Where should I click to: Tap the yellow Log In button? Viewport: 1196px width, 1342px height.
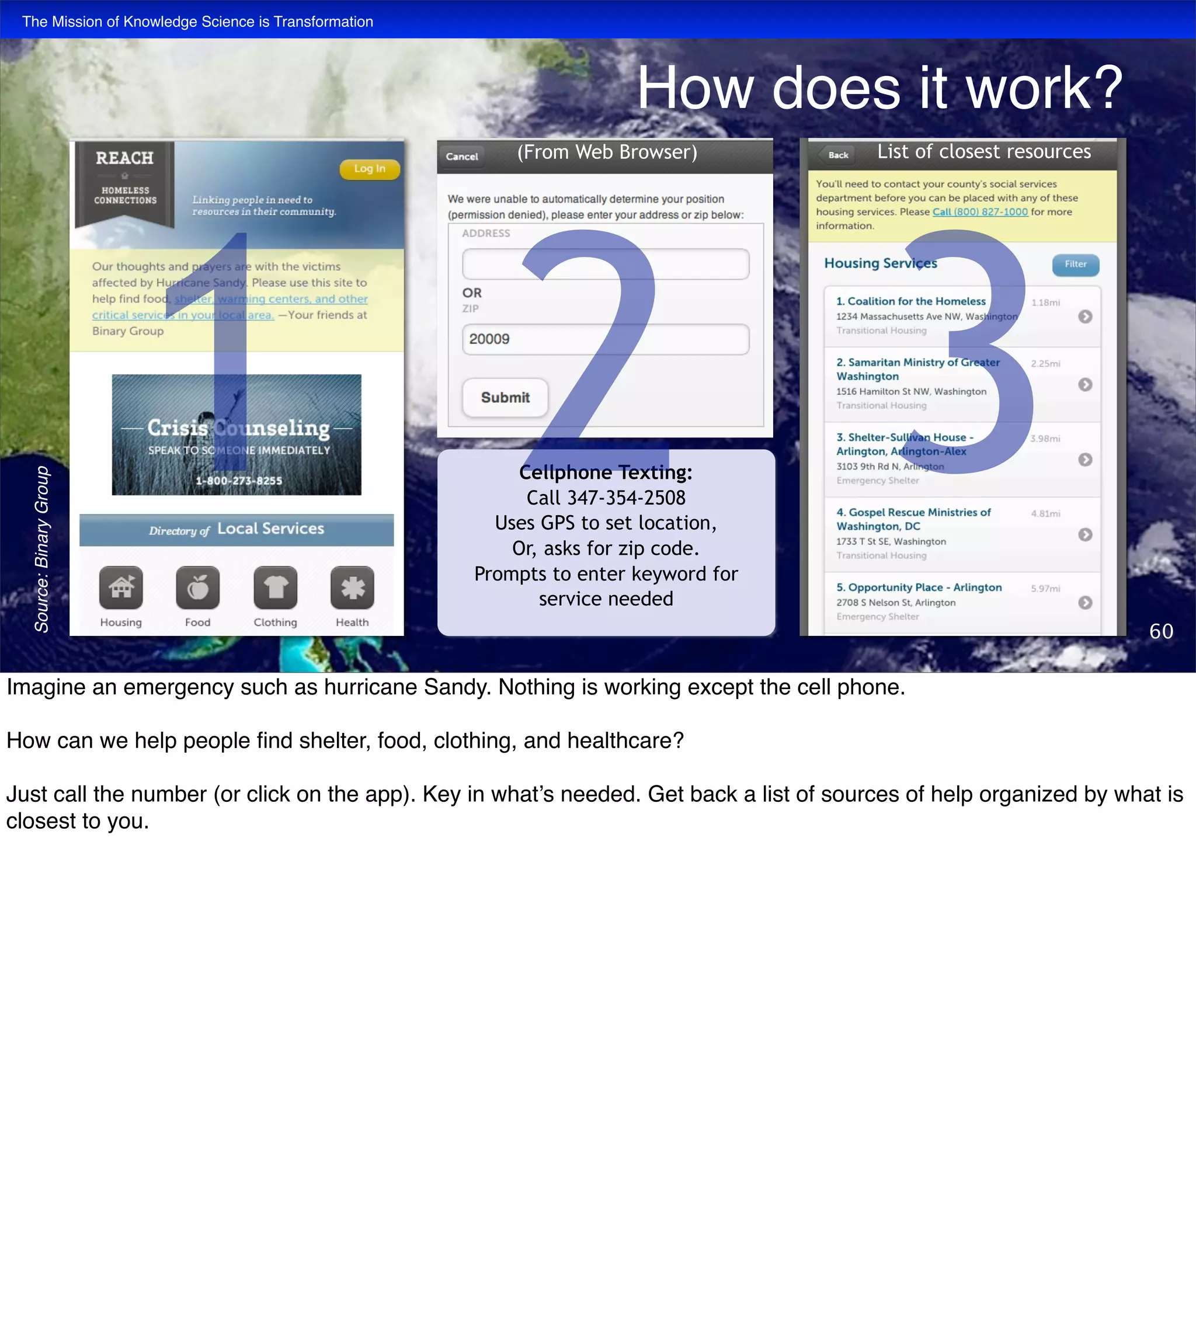point(369,169)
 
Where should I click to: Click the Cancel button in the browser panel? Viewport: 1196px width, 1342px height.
point(462,157)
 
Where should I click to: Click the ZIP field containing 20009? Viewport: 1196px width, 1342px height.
point(605,339)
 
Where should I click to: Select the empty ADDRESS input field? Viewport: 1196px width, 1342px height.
point(605,264)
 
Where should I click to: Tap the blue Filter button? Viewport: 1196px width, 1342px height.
point(1075,264)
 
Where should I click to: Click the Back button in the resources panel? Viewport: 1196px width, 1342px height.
point(838,155)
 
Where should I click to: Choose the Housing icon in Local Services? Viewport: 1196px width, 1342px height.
point(121,587)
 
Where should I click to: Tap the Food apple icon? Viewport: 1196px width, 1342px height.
point(198,587)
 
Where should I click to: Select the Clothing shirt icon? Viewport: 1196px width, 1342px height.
point(275,587)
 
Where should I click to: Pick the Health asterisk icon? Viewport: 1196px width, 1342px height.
point(352,587)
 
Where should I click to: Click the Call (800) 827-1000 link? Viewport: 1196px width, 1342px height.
point(980,211)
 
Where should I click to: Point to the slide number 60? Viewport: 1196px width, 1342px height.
point(1161,631)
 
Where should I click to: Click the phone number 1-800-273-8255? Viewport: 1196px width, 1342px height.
point(238,481)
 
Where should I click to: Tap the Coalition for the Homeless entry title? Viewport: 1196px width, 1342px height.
point(911,301)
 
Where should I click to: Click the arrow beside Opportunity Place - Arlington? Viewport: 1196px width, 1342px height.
point(1085,603)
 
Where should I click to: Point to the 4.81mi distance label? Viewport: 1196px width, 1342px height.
point(1045,513)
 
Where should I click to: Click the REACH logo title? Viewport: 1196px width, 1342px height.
point(124,158)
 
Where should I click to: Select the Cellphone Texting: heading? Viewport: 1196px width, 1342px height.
point(605,472)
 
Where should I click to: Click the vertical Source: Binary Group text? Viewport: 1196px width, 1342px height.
point(42,549)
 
